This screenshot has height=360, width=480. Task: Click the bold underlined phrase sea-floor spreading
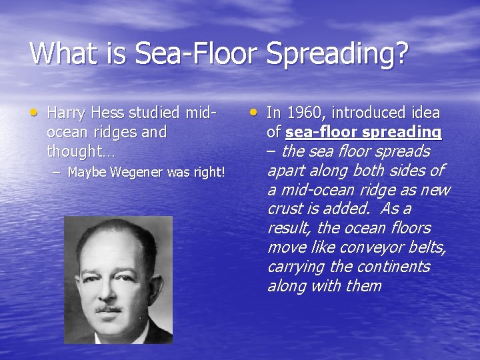[363, 132]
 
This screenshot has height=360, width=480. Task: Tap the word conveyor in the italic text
[366, 247]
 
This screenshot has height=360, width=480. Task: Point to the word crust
[285, 209]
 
